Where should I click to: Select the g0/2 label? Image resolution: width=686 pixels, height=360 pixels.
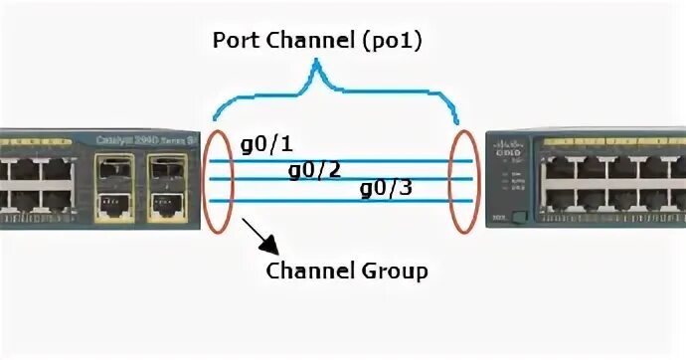[x=314, y=169]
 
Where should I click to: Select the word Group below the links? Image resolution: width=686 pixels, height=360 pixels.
[x=399, y=271]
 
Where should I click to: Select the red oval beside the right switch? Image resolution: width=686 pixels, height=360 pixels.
[x=461, y=177]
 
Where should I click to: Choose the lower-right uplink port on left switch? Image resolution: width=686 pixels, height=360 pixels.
[x=164, y=205]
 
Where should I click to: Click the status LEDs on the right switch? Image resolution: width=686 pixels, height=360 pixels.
[x=513, y=185]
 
